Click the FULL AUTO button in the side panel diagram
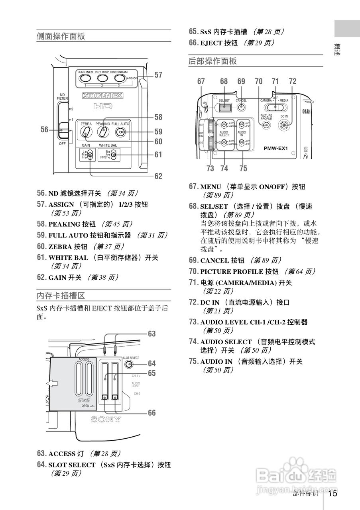[x=120, y=132]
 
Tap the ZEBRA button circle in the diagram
[x=86, y=132]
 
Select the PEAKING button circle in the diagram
[x=103, y=132]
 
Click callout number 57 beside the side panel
[x=158, y=75]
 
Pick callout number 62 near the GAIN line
[x=158, y=176]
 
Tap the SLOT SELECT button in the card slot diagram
[x=129, y=364]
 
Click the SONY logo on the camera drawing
[x=106, y=420]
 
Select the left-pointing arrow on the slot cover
[x=52, y=383]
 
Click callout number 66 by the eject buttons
[x=152, y=413]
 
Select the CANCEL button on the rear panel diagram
[x=241, y=107]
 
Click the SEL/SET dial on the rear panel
[x=225, y=107]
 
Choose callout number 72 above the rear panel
[x=293, y=81]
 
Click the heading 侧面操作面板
[x=61, y=36]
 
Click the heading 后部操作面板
[x=212, y=61]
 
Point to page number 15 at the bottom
[x=333, y=494]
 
